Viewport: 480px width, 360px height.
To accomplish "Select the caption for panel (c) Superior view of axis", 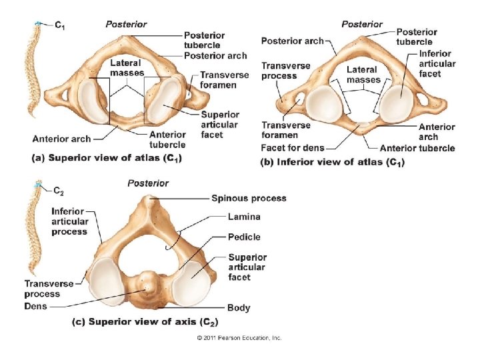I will pyautogui.click(x=145, y=322).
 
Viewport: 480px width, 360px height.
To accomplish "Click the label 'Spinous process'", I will pyautogui.click(x=249, y=198).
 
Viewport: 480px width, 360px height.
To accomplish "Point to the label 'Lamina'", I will pyautogui.click(x=244, y=217).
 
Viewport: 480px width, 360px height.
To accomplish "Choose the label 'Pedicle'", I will pyautogui.click(x=244, y=237).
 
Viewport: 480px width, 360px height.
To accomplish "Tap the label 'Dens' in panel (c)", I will pyautogui.click(x=36, y=306).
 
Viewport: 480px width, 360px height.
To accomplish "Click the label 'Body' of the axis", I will pyautogui.click(x=239, y=307).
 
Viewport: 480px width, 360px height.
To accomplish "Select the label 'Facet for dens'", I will pyautogui.click(x=292, y=147).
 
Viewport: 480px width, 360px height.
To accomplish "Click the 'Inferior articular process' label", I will pyautogui.click(x=69, y=221).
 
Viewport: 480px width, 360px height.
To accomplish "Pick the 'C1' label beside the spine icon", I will pyautogui.click(x=60, y=25).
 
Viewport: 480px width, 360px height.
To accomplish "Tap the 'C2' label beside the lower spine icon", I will pyautogui.click(x=58, y=192).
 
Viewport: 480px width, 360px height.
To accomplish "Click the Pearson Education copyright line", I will pyautogui.click(x=239, y=338).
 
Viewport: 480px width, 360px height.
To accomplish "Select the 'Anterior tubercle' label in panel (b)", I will pyautogui.click(x=417, y=148).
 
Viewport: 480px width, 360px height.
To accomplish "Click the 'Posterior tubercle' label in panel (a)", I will pyautogui.click(x=204, y=40).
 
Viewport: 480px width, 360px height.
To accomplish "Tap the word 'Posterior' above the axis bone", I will pyautogui.click(x=148, y=183).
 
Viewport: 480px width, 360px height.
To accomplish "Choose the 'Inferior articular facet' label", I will pyautogui.click(x=437, y=63).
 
